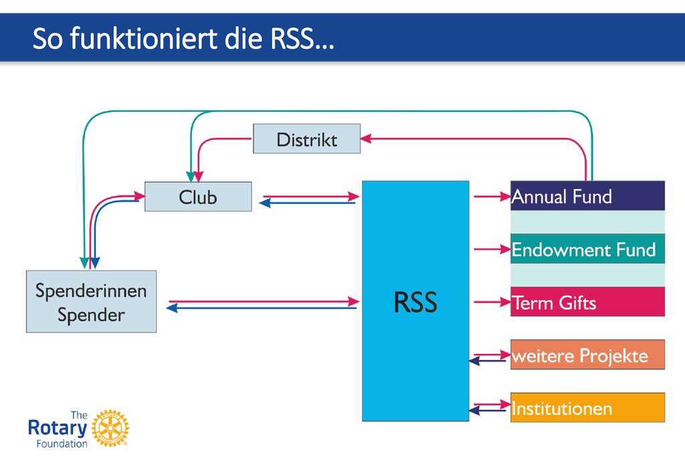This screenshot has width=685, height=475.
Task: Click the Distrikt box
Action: [306, 139]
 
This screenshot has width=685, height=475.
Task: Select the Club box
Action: [198, 197]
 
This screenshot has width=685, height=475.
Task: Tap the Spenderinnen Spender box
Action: [91, 301]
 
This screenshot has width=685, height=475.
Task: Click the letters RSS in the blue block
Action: [415, 301]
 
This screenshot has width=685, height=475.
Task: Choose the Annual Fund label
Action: [562, 197]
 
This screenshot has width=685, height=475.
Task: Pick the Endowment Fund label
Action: [583, 250]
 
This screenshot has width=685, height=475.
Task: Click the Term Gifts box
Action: [587, 301]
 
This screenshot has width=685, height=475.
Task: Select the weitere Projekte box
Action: [587, 354]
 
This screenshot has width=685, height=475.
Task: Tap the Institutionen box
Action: [587, 407]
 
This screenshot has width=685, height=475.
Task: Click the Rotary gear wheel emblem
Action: [110, 428]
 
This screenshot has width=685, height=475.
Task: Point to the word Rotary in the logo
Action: [58, 427]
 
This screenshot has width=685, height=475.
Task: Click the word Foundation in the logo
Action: [62, 444]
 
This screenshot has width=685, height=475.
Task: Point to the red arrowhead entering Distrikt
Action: [366, 139]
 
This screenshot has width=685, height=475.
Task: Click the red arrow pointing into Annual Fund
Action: [492, 197]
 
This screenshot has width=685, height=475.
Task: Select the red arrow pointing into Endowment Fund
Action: [492, 249]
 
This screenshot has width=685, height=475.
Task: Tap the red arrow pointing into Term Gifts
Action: [492, 301]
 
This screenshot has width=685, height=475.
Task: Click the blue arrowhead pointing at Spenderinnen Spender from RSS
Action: [172, 308]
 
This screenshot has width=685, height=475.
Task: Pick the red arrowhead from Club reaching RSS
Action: [354, 197]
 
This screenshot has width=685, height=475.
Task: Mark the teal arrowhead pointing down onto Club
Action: [191, 177]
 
